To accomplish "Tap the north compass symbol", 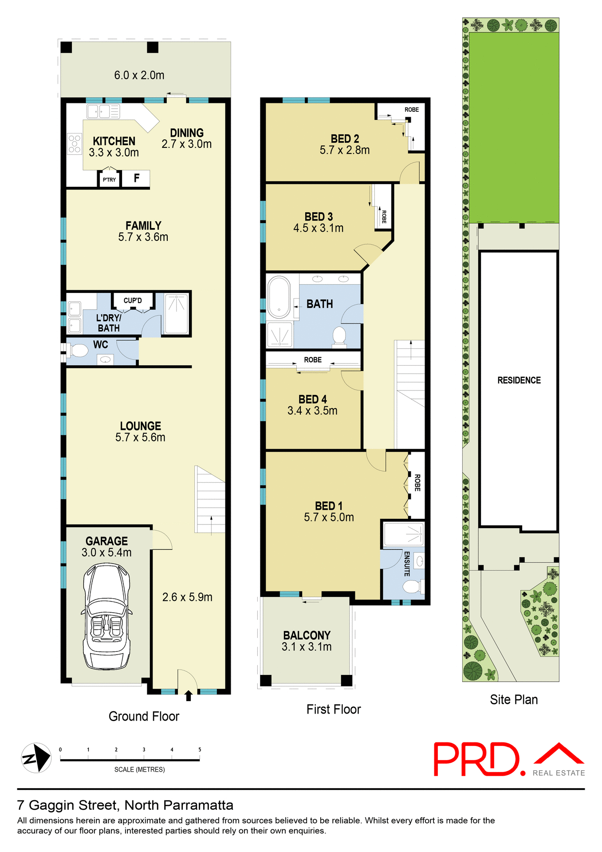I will [36, 758].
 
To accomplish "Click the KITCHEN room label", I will [114, 141].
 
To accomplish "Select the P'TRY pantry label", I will [109, 180].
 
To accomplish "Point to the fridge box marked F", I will [136, 178].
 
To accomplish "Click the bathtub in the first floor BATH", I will [279, 297].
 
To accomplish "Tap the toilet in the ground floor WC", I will [79, 351].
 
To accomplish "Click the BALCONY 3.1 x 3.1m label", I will [307, 641].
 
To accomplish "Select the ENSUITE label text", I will [406, 564].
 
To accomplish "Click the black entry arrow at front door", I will [189, 695].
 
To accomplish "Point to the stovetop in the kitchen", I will [75, 144].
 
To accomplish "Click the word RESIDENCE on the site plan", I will [519, 380].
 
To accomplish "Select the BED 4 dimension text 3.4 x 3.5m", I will [312, 411].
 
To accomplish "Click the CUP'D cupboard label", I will [133, 300].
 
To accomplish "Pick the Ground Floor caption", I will [144, 716].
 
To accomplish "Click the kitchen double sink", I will [103, 111].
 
